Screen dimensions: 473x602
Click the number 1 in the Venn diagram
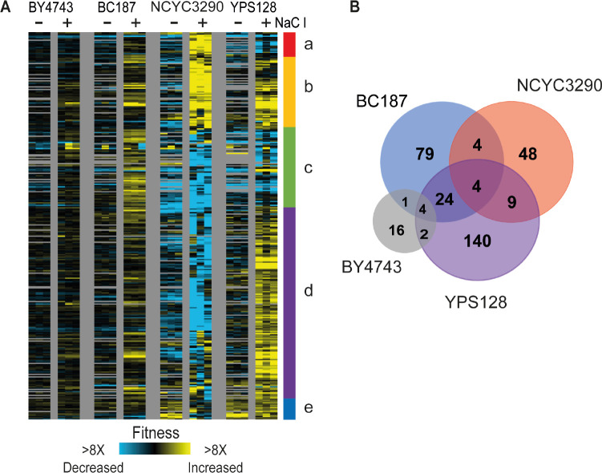404,201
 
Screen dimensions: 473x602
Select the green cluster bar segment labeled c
290,168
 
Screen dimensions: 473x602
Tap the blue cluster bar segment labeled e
290,409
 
